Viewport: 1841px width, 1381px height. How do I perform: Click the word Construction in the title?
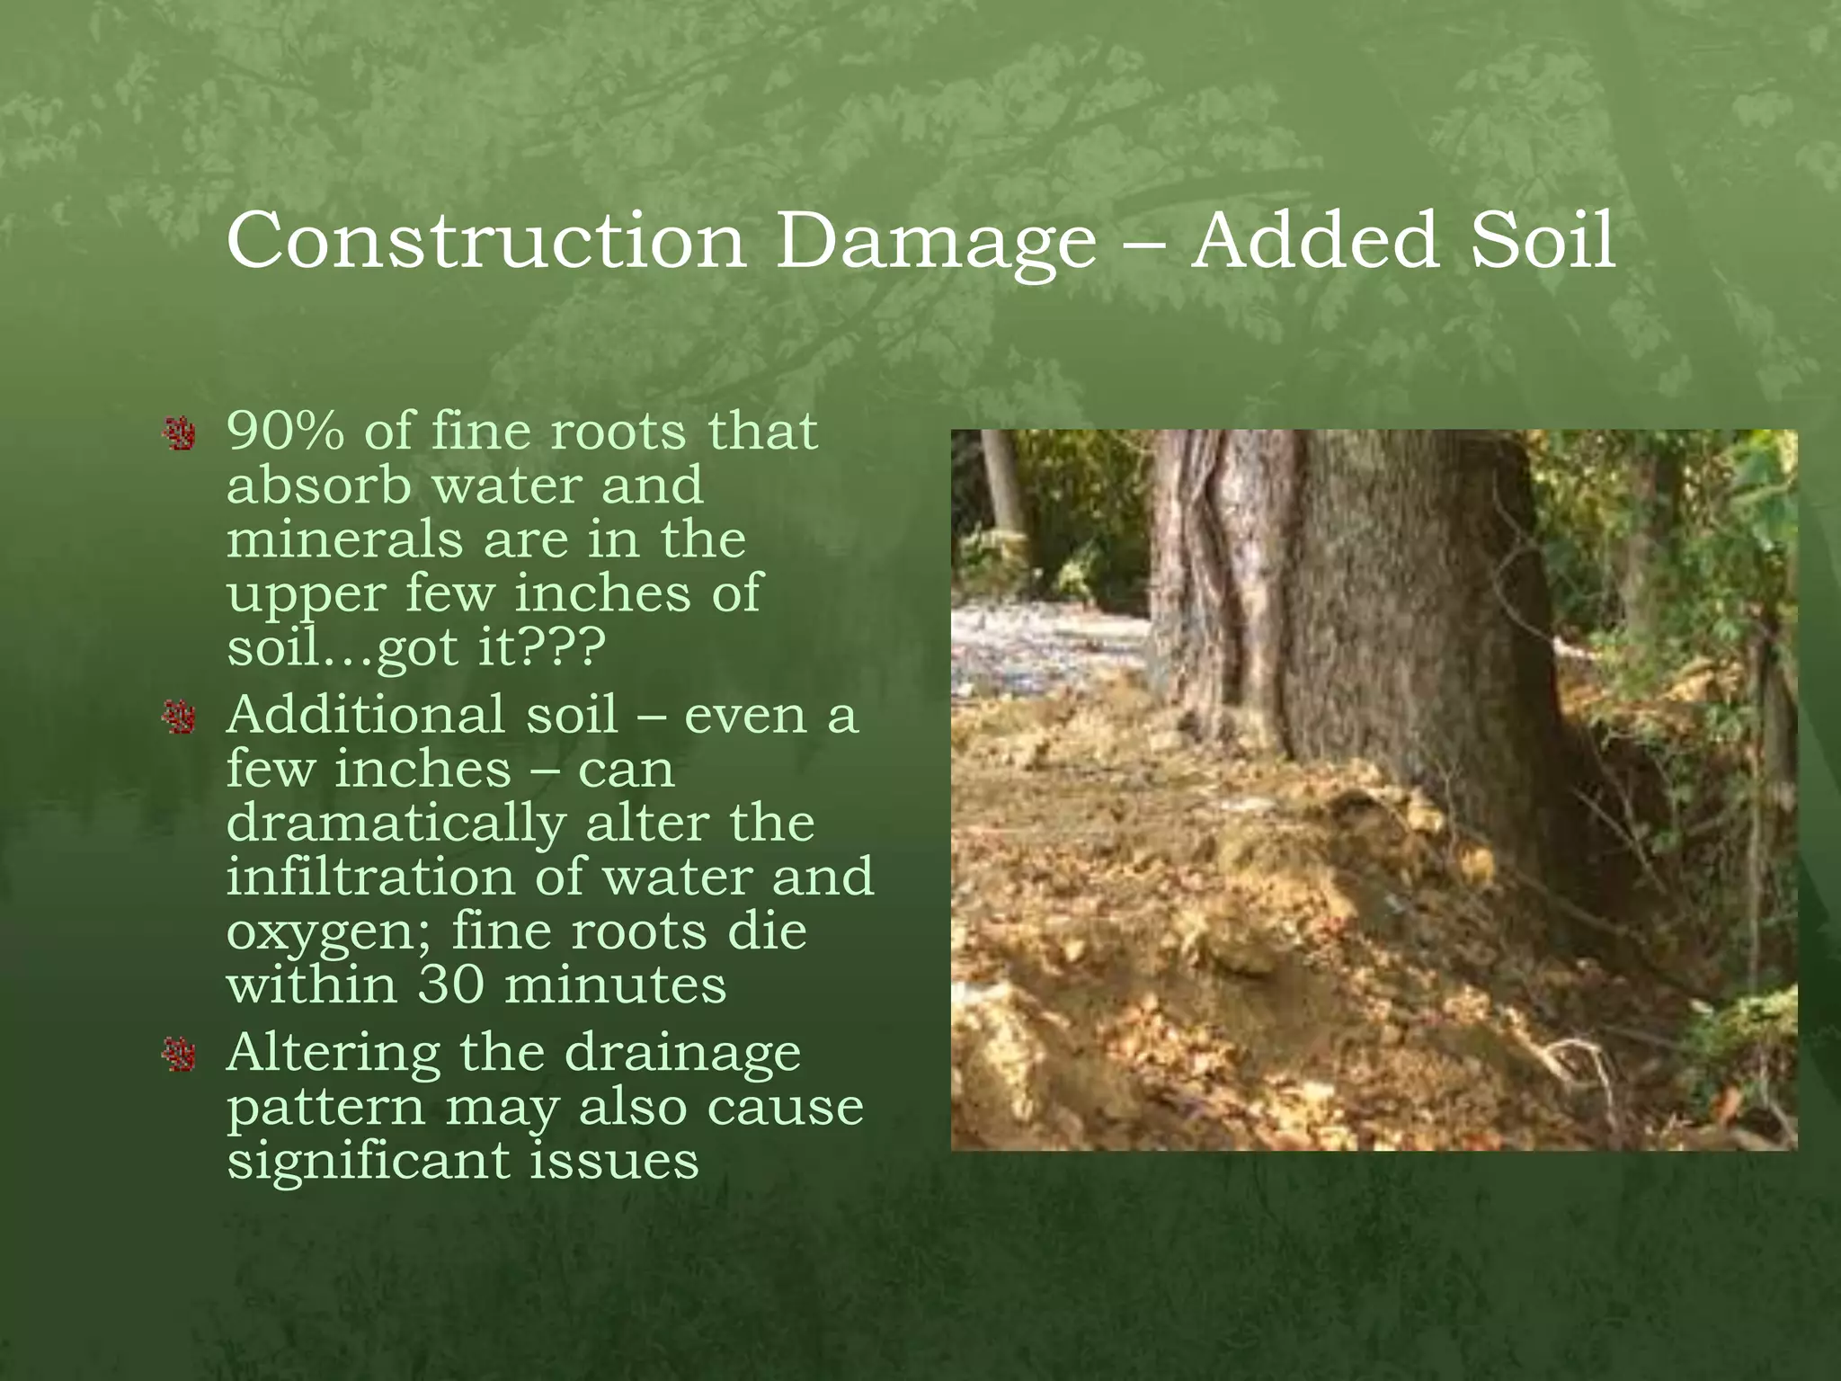485,241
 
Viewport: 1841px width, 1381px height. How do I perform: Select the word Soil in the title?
1543,241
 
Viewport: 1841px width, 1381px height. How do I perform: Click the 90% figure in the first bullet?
285,431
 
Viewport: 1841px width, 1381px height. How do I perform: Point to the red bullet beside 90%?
180,434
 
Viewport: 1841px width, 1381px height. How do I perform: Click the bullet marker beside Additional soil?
180,717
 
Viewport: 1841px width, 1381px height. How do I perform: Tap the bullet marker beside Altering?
180,1055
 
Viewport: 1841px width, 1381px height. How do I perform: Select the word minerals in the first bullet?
343,539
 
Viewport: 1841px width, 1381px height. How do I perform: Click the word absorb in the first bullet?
318,486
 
